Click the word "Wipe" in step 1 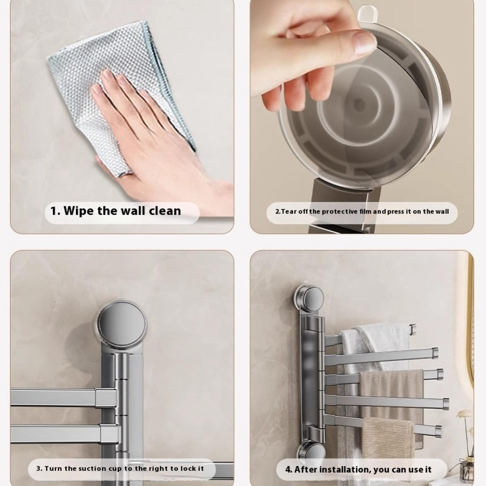click(79, 211)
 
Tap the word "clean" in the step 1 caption click(165, 211)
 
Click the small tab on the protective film click(366, 12)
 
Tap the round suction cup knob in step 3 click(122, 322)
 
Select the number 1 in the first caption click(53, 211)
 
